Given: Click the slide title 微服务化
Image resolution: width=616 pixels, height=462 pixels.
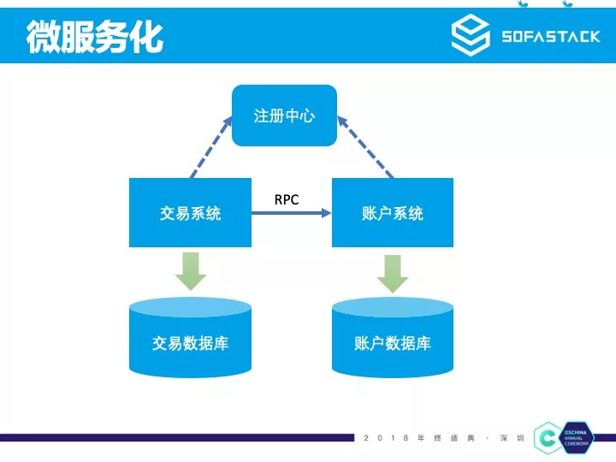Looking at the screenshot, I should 95,37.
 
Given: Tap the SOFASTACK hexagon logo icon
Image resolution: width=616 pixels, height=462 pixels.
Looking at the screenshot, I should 471,36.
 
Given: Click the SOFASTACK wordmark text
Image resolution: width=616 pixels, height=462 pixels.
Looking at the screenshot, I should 550,37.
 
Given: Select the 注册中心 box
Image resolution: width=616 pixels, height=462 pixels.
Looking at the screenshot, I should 284,115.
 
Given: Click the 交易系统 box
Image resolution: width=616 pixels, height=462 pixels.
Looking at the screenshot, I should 190,213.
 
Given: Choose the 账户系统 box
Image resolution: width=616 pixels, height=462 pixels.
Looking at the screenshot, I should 393,213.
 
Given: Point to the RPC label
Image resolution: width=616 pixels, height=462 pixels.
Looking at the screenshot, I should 287,199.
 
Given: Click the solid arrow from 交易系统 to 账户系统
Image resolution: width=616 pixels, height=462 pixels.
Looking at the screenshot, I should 291,213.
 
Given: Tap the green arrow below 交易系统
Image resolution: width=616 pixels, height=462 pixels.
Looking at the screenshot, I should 191,270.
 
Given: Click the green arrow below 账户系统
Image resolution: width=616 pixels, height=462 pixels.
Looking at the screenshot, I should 393,272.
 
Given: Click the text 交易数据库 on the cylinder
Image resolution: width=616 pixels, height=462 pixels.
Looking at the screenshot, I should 190,344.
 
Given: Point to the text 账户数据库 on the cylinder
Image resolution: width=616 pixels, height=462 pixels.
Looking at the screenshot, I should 393,344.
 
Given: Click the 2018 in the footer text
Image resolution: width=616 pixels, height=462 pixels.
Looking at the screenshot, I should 386,438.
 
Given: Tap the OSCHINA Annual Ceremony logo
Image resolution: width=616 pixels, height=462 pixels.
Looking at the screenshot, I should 566,438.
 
